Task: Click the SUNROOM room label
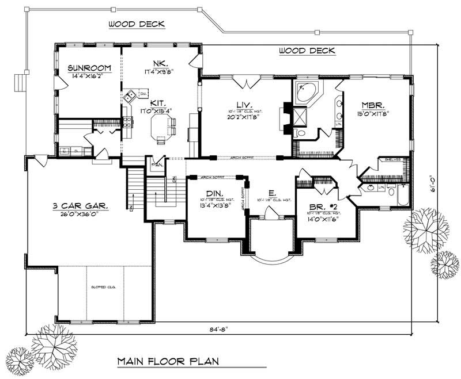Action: [85, 67]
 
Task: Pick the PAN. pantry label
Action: [155, 164]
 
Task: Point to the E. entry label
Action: [271, 194]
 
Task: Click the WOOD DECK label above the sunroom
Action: [137, 24]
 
